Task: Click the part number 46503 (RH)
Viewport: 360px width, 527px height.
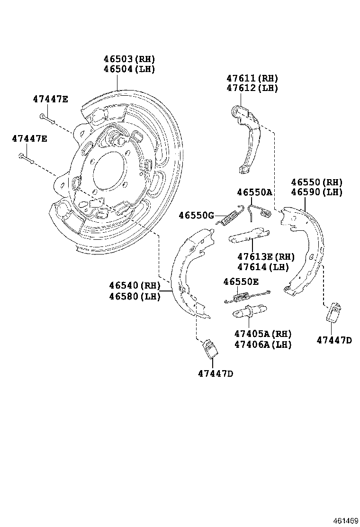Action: pyautogui.click(x=129, y=59)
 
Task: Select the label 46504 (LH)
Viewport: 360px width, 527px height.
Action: pyautogui.click(x=129, y=69)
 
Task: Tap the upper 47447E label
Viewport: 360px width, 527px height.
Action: pyautogui.click(x=50, y=99)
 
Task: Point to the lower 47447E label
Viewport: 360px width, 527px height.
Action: pyautogui.click(x=29, y=138)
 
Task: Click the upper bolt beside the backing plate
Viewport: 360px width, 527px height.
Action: pyautogui.click(x=47, y=118)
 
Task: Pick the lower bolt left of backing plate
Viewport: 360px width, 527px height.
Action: pyautogui.click(x=26, y=158)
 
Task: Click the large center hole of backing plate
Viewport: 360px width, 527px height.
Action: pyautogui.click(x=110, y=170)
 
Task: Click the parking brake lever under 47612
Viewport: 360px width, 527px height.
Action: pyautogui.click(x=248, y=137)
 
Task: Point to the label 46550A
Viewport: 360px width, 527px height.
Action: pyautogui.click(x=254, y=192)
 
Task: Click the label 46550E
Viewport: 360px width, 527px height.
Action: pyautogui.click(x=241, y=282)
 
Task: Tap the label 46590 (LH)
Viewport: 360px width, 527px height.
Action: pyautogui.click(x=316, y=192)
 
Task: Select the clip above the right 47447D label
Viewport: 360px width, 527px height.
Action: pyautogui.click(x=335, y=311)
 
